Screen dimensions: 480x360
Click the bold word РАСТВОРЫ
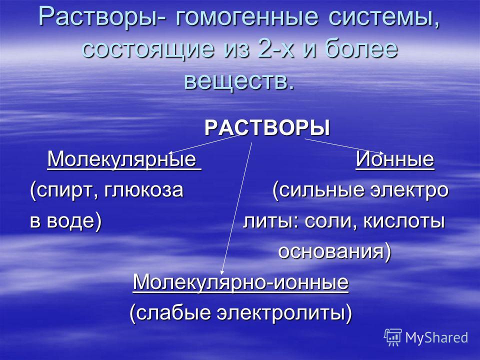tap(267, 128)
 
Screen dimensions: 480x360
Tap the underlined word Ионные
tap(395, 159)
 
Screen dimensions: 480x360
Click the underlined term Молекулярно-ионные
tap(240, 282)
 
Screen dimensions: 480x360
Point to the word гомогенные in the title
tap(246, 17)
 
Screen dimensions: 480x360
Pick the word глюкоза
tap(143, 190)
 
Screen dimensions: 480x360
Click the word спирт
tap(66, 191)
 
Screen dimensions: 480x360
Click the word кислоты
tap(404, 221)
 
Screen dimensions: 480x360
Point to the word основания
tap(331, 251)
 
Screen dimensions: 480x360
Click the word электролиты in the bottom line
tap(281, 313)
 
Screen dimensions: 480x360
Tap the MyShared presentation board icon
tap(393, 337)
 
